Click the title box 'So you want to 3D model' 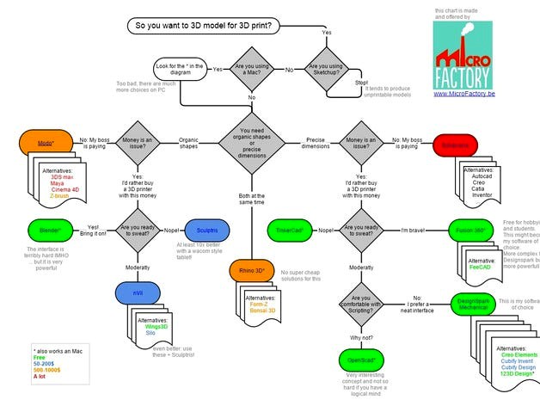click(x=203, y=26)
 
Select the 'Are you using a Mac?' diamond click(x=252, y=69)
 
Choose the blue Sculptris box click(x=205, y=230)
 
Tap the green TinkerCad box click(x=289, y=230)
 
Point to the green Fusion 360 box click(x=471, y=230)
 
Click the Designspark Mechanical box click(x=473, y=306)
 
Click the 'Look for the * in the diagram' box click(x=181, y=69)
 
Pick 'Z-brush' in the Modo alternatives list click(x=60, y=197)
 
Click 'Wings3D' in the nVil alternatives click(x=155, y=328)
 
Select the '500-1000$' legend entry click(x=50, y=369)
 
